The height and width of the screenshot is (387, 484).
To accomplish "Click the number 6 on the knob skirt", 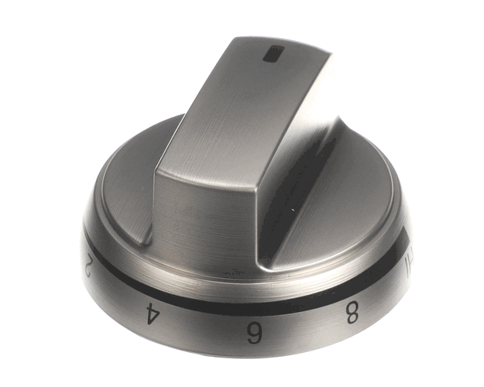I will (252, 334).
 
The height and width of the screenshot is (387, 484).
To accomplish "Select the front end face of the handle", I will (205, 213).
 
